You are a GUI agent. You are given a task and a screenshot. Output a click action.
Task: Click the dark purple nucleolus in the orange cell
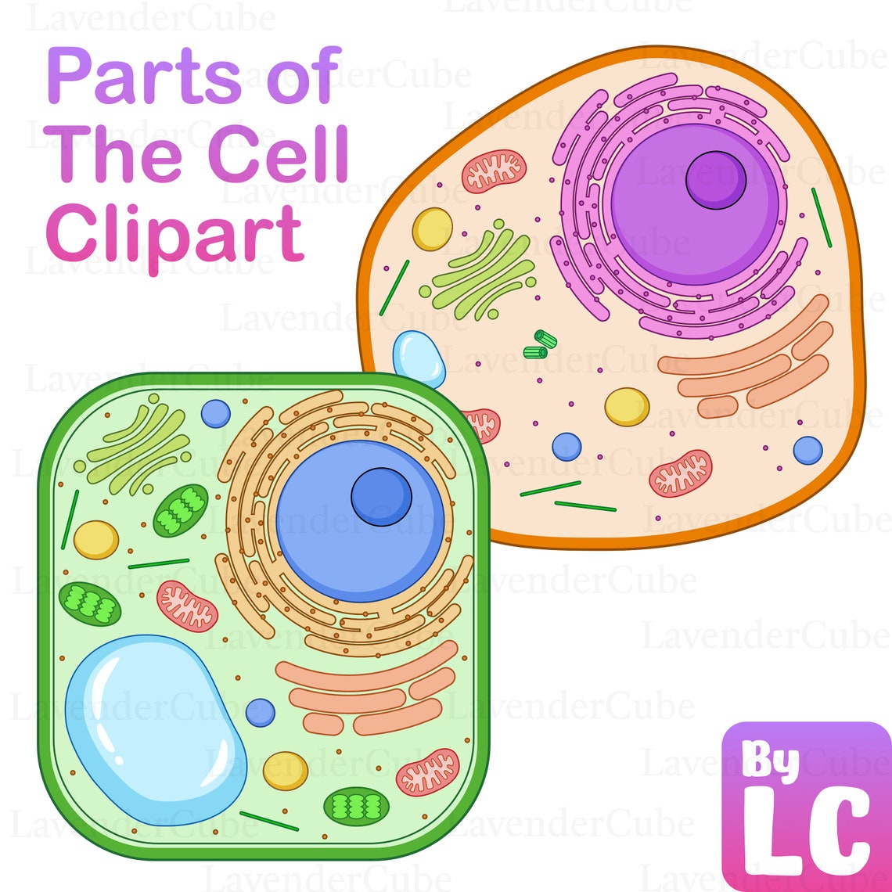[715, 180]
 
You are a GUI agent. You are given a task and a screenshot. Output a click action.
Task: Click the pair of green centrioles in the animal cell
[539, 344]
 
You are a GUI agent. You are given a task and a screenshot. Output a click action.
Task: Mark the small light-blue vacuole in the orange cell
[419, 359]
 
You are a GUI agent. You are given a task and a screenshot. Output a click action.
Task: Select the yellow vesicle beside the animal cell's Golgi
[432, 228]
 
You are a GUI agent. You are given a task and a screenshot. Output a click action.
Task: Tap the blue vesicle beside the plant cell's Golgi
[215, 412]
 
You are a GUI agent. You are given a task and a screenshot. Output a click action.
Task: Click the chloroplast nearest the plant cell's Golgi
[181, 510]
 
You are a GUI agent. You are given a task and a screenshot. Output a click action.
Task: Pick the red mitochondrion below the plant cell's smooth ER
[427, 772]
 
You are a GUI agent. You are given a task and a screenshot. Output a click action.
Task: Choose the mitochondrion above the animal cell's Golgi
[494, 171]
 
